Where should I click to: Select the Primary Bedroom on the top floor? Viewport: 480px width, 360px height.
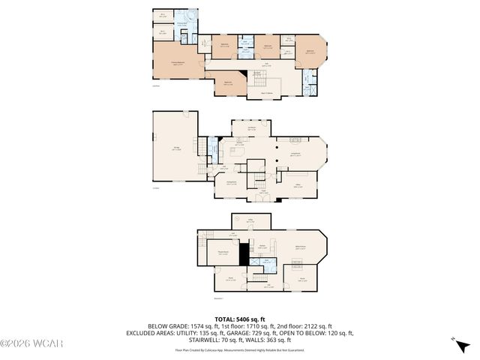point(177,61)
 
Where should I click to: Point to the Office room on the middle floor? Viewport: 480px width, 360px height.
point(298,184)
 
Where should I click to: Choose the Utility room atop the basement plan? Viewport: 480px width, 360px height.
point(252,220)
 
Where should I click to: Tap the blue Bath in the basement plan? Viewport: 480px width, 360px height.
point(267,264)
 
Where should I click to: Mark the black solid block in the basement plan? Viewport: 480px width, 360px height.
point(243,254)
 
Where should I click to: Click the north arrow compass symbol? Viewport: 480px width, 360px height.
point(459,344)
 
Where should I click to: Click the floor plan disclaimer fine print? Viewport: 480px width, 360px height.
point(240,349)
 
